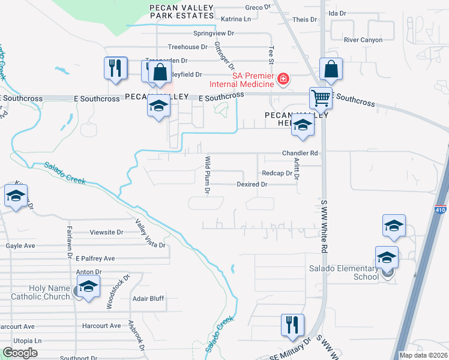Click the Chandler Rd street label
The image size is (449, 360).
pos(300,153)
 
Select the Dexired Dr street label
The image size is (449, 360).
pos(252,185)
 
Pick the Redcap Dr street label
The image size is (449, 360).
pos(277,173)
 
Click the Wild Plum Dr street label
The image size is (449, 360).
pos(208,175)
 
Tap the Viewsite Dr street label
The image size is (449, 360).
pos(106,232)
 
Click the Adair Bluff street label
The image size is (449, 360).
pos(148,298)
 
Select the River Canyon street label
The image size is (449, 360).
pos(363,40)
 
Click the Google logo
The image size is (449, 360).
pos(20,353)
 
